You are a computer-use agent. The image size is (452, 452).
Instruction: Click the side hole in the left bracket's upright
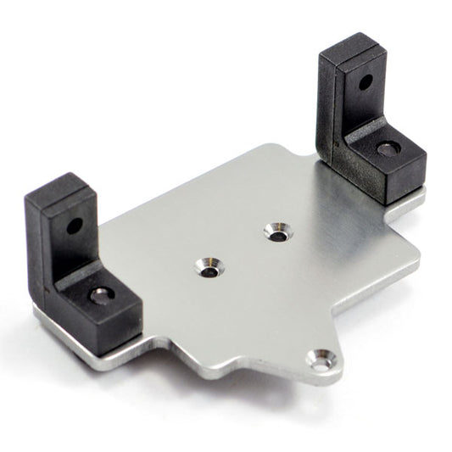75,226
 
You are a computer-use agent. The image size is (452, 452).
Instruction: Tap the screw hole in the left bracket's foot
101,294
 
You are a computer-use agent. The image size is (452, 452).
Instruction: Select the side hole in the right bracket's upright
365,83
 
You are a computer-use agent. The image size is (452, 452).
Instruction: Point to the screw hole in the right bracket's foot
388,148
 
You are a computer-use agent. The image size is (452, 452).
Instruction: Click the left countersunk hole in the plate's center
208,268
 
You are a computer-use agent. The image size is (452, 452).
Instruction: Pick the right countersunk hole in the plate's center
277,231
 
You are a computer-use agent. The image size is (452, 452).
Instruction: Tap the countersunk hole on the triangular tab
320,360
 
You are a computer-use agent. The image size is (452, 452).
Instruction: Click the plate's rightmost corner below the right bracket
419,254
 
